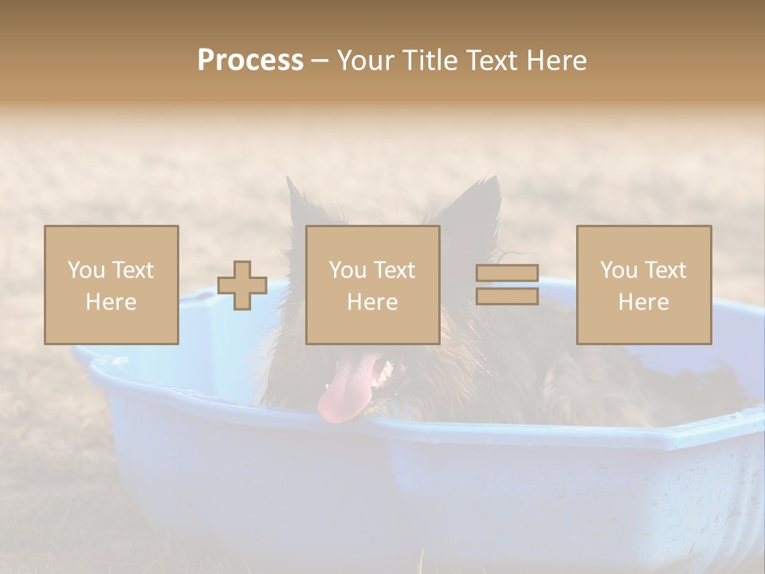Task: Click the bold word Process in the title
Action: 250,61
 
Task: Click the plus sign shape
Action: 242,285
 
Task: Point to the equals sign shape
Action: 507,285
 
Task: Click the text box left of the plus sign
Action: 112,285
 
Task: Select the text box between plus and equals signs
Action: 372,285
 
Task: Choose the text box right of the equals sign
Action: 644,285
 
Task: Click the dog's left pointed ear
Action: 298,203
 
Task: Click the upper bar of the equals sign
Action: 507,273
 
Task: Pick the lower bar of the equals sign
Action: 507,296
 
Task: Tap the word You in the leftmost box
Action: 84,270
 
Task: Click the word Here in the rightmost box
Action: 644,302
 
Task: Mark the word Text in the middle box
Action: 394,270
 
